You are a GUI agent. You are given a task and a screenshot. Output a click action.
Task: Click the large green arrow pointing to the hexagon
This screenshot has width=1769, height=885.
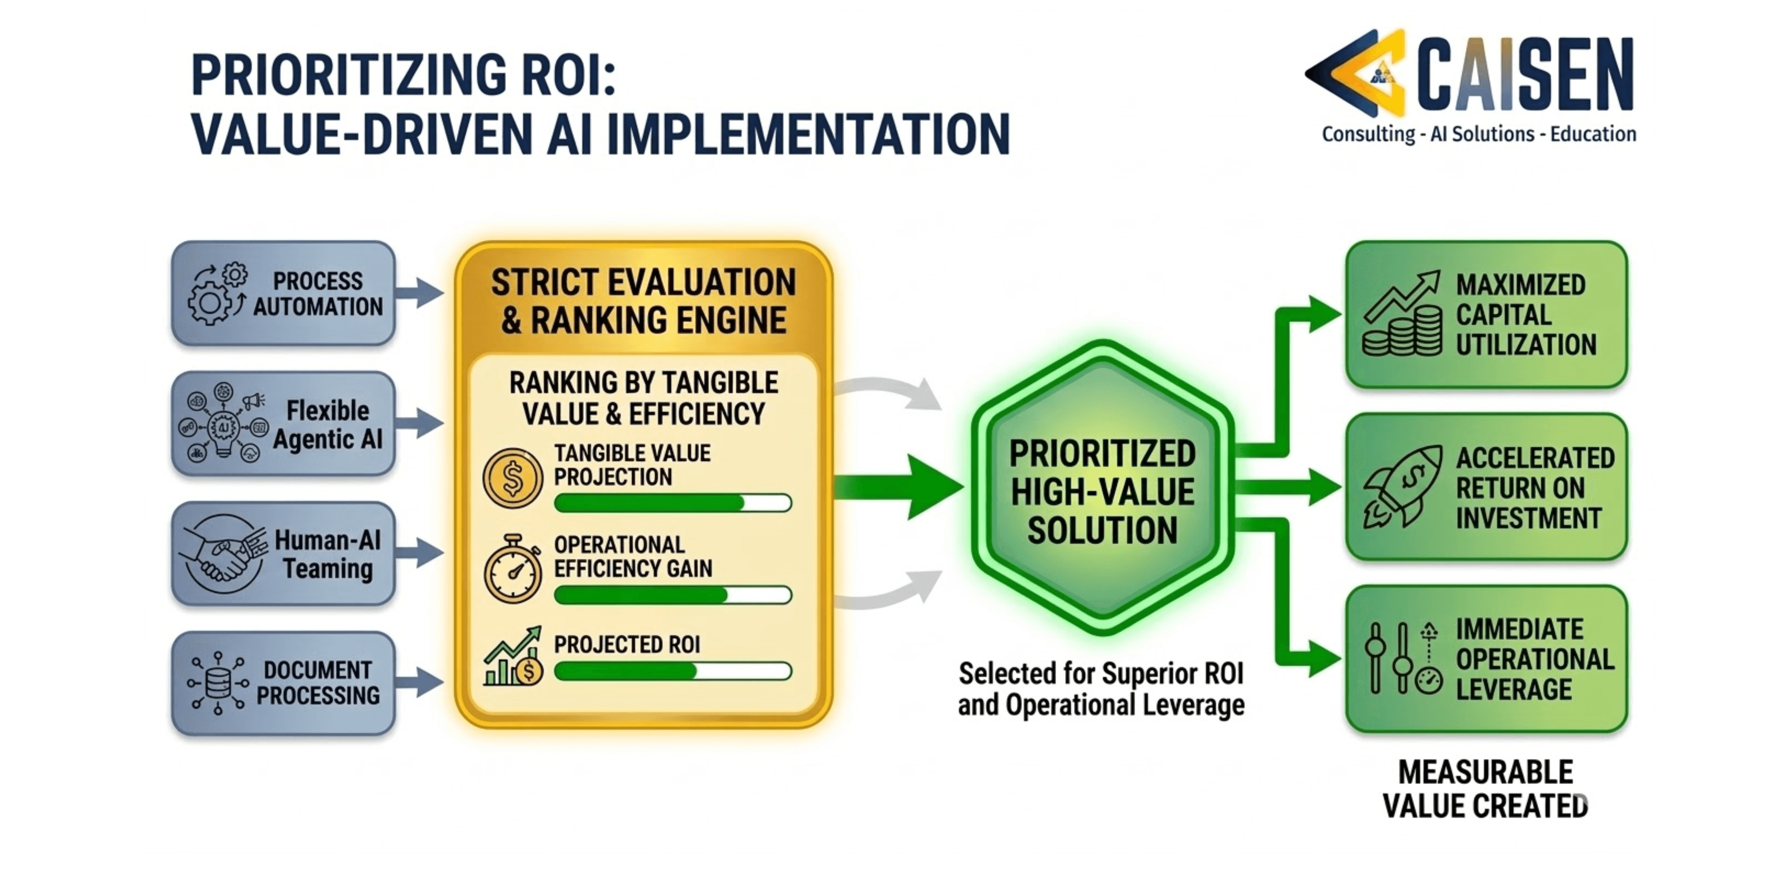pyautogui.click(x=900, y=486)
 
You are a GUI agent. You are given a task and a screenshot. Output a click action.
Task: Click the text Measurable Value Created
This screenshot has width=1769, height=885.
pyautogui.click(x=1485, y=789)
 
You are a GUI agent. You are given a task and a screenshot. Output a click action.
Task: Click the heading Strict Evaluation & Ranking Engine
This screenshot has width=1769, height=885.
pyautogui.click(x=644, y=301)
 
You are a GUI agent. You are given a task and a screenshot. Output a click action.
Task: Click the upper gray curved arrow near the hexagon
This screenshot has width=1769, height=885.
pyautogui.click(x=889, y=393)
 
